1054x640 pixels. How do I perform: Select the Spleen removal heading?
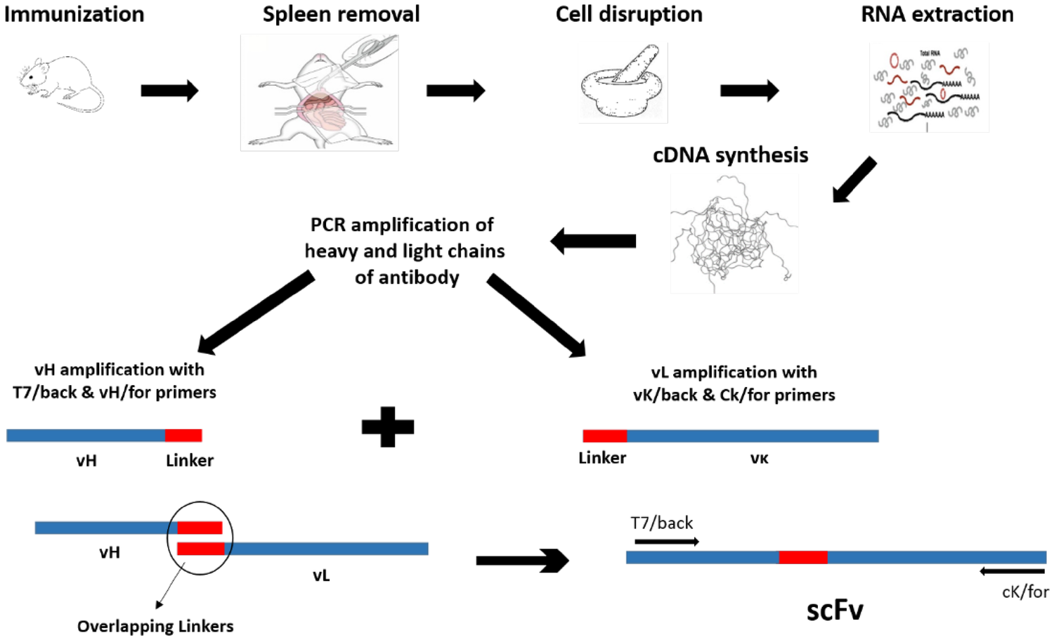pos(341,14)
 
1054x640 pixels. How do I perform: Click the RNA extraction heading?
pos(937,14)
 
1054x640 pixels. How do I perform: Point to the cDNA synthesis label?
pos(730,155)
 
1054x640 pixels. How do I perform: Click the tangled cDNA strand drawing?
pos(734,235)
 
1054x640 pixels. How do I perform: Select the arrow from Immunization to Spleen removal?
pos(169,91)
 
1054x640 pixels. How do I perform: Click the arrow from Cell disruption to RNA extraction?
pos(749,91)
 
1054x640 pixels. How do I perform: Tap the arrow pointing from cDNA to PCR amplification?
pos(593,241)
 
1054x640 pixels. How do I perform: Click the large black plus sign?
pos(388,427)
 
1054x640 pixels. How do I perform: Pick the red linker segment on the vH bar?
pos(183,436)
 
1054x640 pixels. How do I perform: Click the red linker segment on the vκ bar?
pos(604,436)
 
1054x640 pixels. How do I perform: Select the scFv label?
pos(834,610)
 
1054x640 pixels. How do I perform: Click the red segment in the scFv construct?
pos(802,558)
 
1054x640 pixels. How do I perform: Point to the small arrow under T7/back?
pos(666,542)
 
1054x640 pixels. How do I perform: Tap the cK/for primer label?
pos(1024,592)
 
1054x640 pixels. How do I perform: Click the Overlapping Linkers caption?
pos(155,626)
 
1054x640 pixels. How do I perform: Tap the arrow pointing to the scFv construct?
pos(522,561)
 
